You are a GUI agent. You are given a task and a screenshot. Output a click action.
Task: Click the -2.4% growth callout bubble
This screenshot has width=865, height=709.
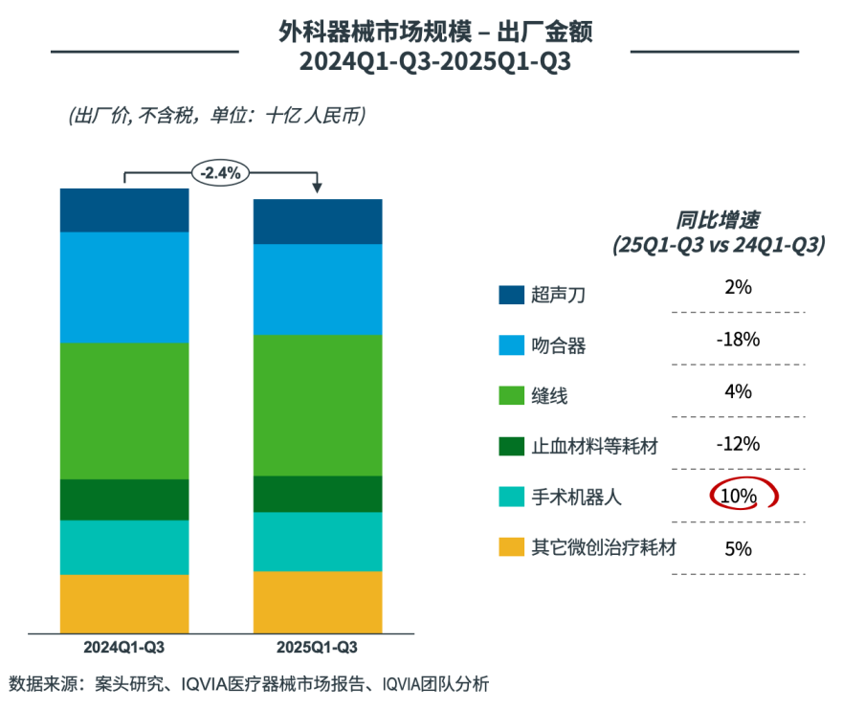pyautogui.click(x=221, y=173)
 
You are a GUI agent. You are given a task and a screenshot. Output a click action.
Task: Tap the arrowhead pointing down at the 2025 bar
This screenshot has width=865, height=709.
pyautogui.click(x=318, y=188)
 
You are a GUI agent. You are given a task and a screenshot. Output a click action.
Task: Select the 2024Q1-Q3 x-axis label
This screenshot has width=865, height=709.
pyautogui.click(x=123, y=648)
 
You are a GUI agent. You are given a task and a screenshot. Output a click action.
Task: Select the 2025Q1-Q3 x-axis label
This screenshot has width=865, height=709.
pyautogui.click(x=317, y=648)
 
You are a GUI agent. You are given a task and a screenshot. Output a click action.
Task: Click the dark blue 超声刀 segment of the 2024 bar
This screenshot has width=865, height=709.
pyautogui.click(x=124, y=210)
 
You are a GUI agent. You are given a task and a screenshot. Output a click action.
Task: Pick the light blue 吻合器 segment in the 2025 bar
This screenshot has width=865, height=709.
pyautogui.click(x=318, y=289)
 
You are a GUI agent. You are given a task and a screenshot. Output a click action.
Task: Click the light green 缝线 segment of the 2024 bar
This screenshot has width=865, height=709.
pyautogui.click(x=124, y=410)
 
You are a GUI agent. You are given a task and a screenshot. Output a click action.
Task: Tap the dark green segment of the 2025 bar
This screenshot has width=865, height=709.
pyautogui.click(x=318, y=494)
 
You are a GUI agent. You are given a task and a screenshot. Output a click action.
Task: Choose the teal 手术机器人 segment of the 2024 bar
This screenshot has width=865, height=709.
pyautogui.click(x=124, y=547)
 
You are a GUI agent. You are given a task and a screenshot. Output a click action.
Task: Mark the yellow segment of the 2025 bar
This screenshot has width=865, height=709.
pyautogui.click(x=318, y=602)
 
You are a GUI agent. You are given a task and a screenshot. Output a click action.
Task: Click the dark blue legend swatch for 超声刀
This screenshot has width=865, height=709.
pyautogui.click(x=511, y=295)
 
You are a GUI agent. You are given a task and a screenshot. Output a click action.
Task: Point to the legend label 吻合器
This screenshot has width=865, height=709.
pyautogui.click(x=558, y=345)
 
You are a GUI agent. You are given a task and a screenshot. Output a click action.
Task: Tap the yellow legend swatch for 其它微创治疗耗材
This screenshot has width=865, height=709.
pyautogui.click(x=511, y=548)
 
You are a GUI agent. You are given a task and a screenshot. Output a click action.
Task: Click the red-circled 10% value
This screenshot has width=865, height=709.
pyautogui.click(x=739, y=496)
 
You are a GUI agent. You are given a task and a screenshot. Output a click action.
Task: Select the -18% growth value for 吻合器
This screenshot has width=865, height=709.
pyautogui.click(x=738, y=340)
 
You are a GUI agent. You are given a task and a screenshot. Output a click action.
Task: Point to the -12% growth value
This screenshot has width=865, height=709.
pyautogui.click(x=738, y=443)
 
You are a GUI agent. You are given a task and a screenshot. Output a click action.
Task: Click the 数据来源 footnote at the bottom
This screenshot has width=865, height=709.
pyautogui.click(x=249, y=684)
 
